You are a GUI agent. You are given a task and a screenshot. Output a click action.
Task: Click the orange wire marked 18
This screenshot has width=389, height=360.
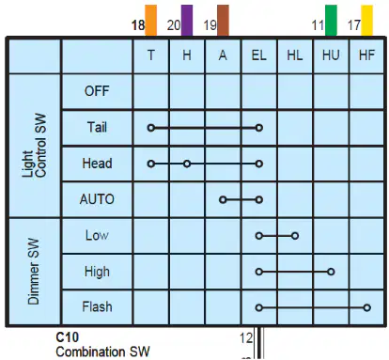click(150, 21)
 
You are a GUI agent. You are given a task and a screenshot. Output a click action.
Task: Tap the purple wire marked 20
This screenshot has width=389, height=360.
click(187, 21)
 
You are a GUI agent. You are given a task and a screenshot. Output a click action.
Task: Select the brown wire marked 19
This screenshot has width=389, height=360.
click(223, 21)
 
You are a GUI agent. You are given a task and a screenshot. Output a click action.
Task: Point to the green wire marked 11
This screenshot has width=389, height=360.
click(331, 21)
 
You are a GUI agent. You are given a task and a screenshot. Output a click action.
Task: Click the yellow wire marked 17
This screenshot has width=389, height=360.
click(367, 21)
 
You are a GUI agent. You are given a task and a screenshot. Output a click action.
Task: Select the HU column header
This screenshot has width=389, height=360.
click(331, 55)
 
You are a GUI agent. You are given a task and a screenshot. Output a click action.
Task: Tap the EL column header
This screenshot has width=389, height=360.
click(259, 55)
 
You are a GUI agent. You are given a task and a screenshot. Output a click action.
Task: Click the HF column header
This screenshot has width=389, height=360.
click(366, 55)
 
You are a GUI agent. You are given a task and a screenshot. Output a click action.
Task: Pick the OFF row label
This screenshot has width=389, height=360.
click(97, 91)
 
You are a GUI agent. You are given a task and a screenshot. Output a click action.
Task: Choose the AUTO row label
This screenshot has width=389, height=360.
click(97, 199)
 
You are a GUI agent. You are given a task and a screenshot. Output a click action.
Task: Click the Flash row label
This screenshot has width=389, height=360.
click(97, 306)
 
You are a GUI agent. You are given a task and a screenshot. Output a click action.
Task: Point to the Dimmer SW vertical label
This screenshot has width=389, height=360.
click(34, 272)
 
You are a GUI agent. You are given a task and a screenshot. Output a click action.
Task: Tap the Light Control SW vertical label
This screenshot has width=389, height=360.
click(35, 146)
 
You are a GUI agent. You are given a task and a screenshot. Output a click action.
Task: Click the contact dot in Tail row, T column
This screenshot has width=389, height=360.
click(151, 128)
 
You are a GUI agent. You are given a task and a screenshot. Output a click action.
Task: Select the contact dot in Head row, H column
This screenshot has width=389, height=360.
click(187, 164)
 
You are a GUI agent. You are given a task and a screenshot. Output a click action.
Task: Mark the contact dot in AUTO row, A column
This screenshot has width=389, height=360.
click(223, 199)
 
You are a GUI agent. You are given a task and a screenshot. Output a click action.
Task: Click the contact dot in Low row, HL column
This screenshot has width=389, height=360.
click(295, 236)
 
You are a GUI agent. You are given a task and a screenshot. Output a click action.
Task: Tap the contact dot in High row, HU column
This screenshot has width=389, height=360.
click(331, 272)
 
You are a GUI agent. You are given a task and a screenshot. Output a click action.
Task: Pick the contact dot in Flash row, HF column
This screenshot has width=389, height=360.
click(367, 307)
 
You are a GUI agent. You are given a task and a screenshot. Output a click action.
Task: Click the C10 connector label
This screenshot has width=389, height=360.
click(68, 337)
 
